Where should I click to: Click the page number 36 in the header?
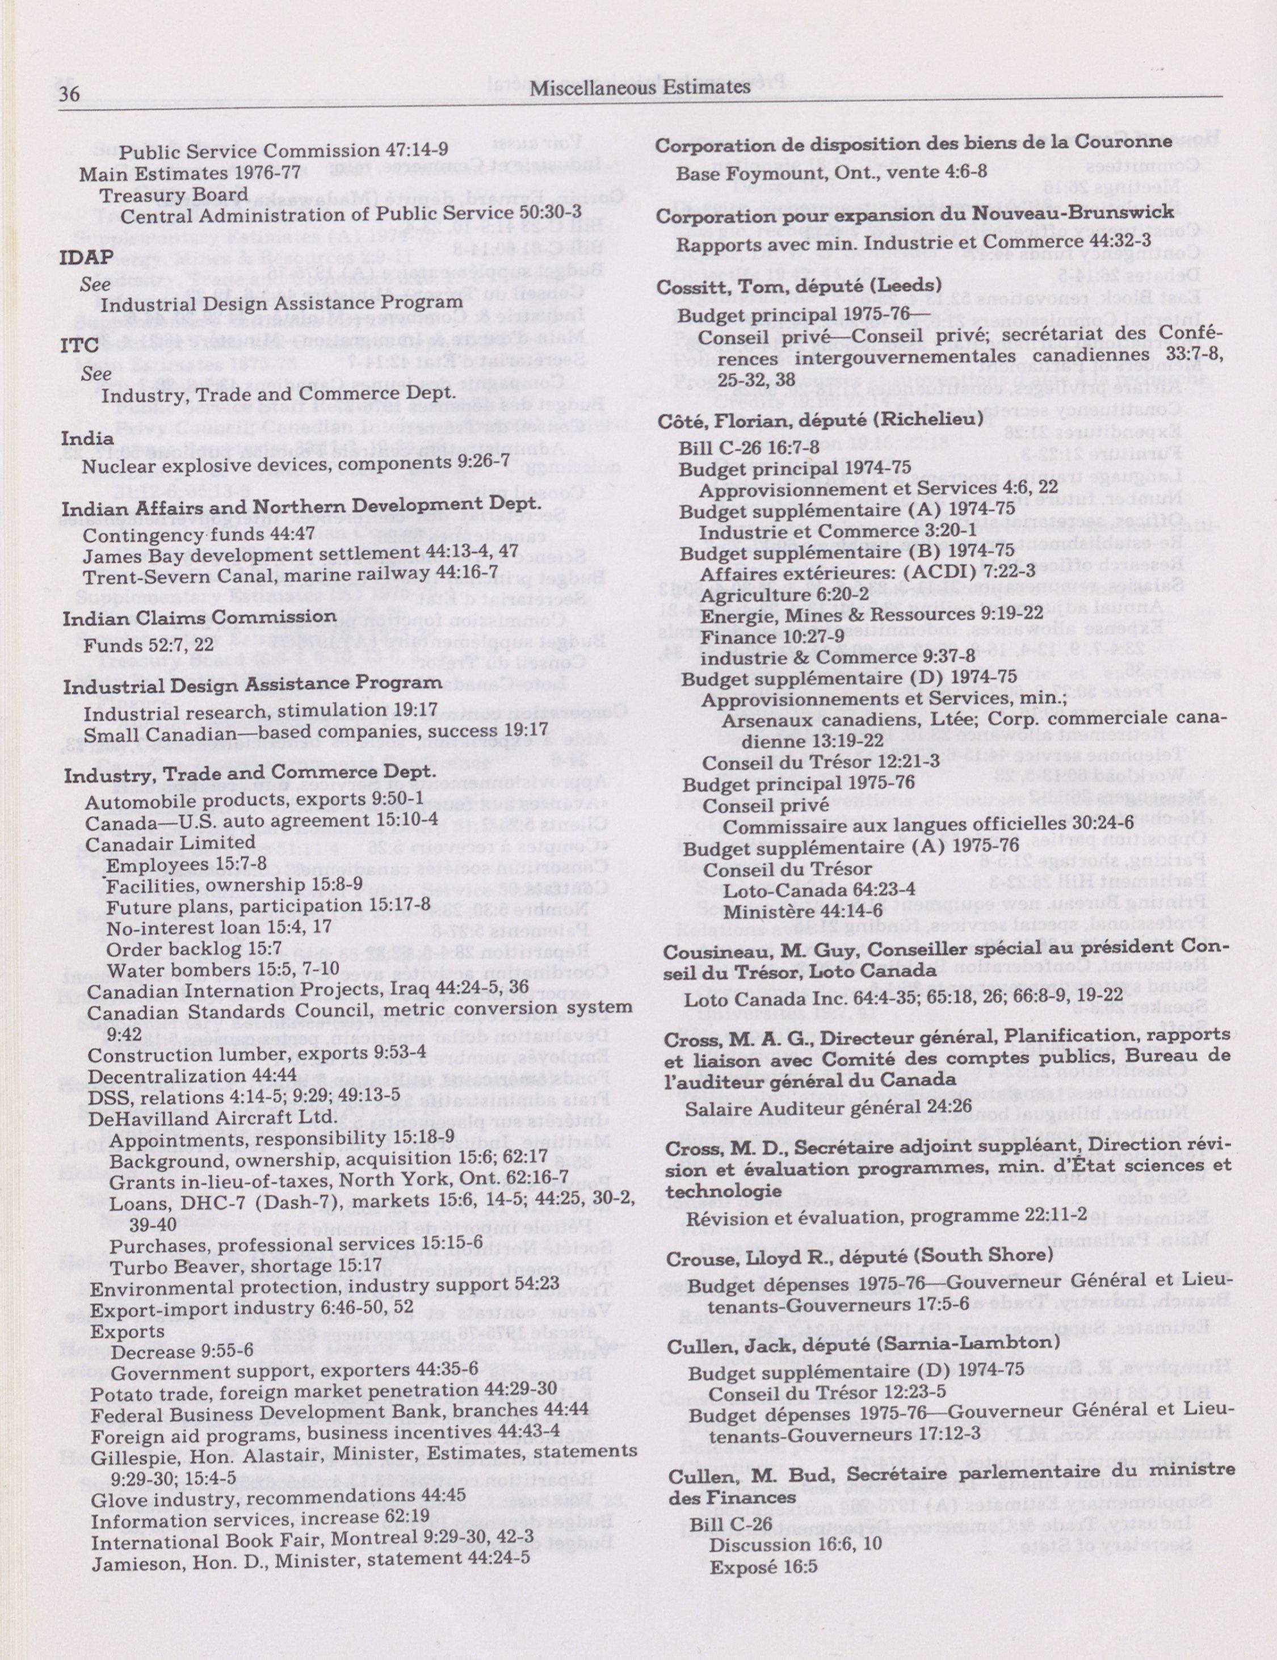click(x=69, y=93)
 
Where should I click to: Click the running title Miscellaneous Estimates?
click(x=640, y=87)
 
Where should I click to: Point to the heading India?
click(x=87, y=439)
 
